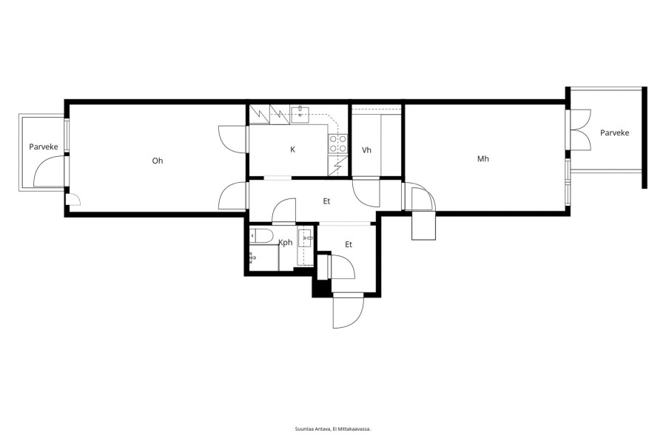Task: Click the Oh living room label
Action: coord(158,161)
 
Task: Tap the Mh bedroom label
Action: coord(483,158)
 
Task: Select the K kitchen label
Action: coord(292,149)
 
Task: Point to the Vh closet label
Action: coord(366,150)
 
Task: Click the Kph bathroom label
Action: coord(286,243)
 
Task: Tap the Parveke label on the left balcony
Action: coord(44,147)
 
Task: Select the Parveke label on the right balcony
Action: coord(615,132)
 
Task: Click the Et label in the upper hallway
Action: coord(326,201)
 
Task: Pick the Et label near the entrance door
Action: coord(349,244)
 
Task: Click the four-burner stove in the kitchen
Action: coord(337,143)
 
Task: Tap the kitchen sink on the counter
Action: coord(300,112)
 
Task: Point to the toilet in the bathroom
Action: coord(260,235)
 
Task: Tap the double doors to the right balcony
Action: coord(580,129)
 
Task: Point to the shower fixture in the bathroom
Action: coord(253,257)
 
